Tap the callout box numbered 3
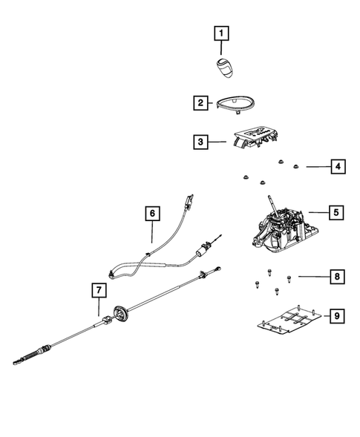[201, 141]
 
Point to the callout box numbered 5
[336, 213]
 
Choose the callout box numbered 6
[152, 214]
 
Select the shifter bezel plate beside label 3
[255, 138]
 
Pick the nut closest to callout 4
[296, 167]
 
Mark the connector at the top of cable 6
[190, 200]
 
